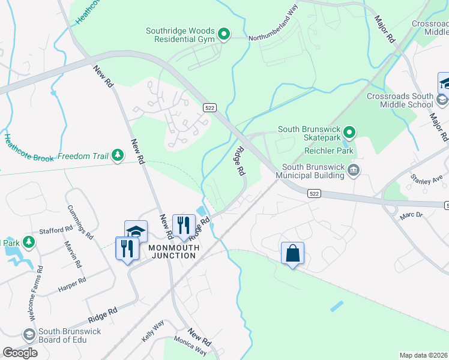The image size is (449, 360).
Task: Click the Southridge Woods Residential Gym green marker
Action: (224, 34)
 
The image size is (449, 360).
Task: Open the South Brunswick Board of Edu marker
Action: (28, 334)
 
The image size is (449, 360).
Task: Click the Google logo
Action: (20, 352)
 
